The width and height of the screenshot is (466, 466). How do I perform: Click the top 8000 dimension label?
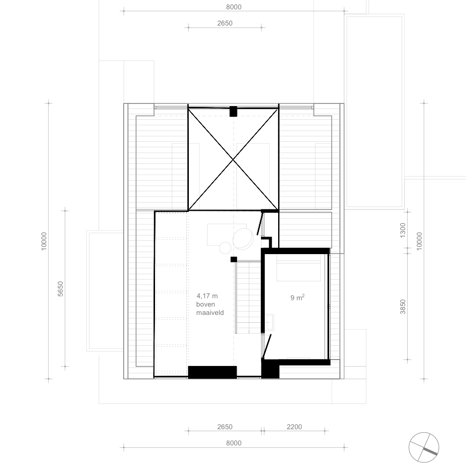233,7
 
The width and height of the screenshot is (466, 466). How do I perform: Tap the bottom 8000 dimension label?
233,443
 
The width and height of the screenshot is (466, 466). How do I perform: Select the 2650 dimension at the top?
225,23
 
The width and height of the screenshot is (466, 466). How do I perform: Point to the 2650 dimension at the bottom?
225,427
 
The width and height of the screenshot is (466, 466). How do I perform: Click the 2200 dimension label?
294,427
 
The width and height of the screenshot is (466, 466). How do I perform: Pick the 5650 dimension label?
60,288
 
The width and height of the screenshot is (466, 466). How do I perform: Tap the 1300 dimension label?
403,231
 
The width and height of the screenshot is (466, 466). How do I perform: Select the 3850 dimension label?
403,307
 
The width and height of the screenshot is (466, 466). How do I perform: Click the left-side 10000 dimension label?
44,241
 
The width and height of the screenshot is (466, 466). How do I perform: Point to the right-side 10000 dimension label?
419,241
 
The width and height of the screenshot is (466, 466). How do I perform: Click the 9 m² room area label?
297,297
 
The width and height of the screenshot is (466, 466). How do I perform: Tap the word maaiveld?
210,312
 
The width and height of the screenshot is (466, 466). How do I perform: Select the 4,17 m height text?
207,296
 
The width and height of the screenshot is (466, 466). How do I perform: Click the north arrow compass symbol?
423,447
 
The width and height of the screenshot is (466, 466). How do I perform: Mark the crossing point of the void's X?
233,160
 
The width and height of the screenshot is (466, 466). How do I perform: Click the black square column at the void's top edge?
233,111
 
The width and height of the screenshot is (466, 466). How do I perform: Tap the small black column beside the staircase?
233,259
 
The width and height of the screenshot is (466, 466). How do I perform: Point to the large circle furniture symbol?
243,238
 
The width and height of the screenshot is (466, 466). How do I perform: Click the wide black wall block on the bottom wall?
212,372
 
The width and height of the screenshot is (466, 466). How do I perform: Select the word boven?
206,304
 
